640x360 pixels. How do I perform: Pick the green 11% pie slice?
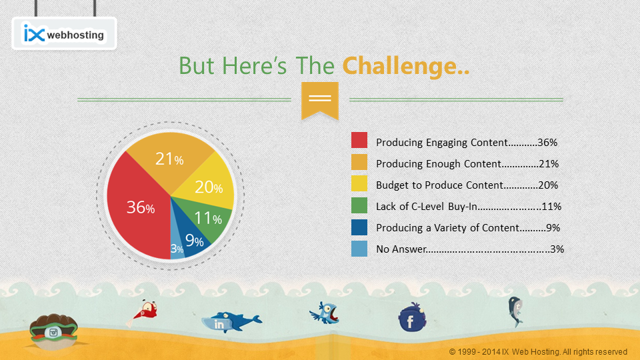point(206,219)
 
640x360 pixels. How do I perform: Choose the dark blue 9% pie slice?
point(192,239)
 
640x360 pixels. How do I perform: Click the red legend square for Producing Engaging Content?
point(359,140)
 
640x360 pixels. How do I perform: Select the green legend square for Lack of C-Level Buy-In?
point(359,205)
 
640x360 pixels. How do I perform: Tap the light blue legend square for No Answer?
point(359,249)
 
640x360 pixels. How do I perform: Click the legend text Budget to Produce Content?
point(439,185)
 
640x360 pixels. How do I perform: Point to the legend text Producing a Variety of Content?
point(448,228)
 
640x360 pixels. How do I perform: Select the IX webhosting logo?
point(64,33)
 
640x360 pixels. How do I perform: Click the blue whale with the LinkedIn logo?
point(231,321)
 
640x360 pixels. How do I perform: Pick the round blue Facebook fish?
point(412,317)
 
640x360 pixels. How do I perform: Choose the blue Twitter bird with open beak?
point(325,313)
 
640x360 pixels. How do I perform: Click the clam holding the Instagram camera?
point(53,331)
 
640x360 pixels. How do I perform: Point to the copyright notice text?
point(538,352)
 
